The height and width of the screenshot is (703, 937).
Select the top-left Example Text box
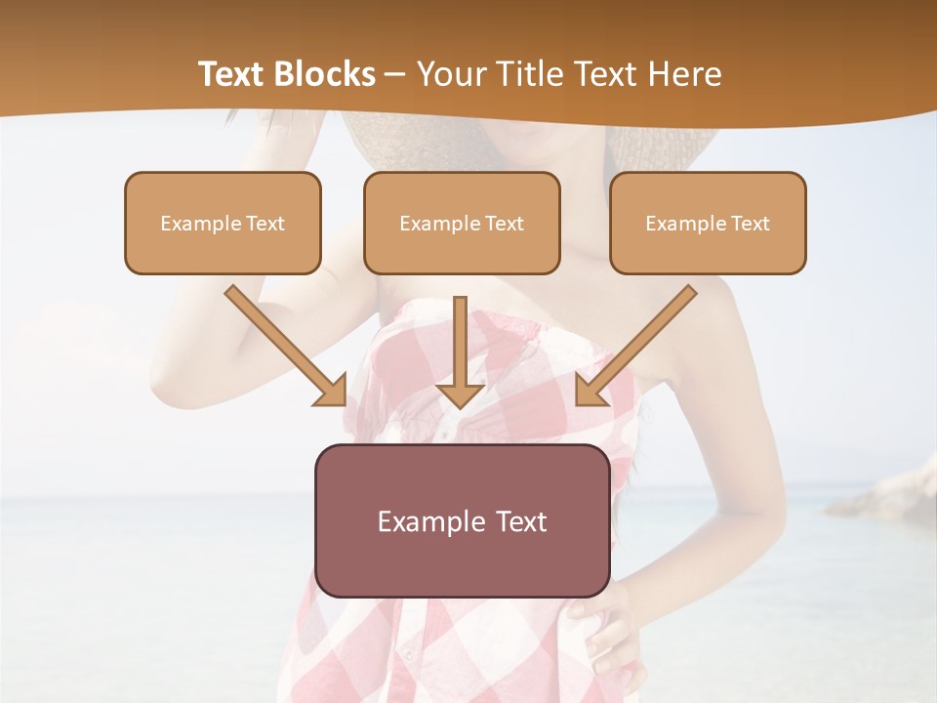coord(223,223)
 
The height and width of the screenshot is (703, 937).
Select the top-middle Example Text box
coord(462,223)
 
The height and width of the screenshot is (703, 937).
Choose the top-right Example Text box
coord(708,223)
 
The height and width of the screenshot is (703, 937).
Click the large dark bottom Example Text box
coord(462,520)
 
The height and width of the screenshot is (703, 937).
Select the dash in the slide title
coord(395,75)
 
